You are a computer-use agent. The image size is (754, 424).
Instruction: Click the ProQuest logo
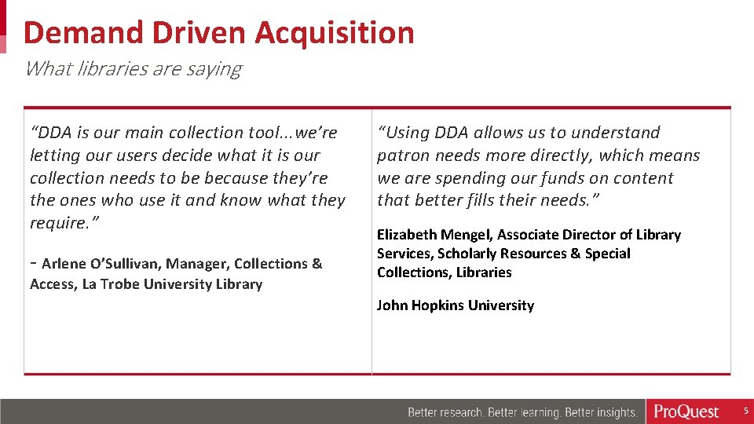click(686, 411)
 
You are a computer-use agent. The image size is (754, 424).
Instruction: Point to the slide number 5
click(746, 411)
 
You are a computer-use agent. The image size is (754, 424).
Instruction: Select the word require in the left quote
click(57, 224)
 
